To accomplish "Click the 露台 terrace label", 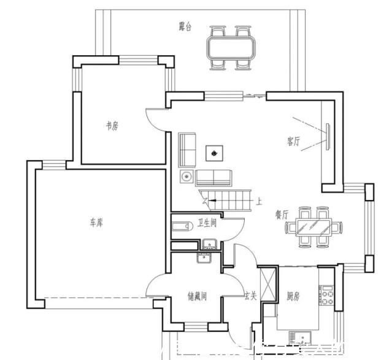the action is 185,26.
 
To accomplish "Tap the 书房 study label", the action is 112,126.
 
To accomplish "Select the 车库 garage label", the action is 96,222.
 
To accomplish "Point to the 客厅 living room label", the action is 293,141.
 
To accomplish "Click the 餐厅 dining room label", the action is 282,215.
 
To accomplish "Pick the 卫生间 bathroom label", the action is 207,223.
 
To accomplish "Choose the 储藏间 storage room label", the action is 198,296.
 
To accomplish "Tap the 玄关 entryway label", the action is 250,296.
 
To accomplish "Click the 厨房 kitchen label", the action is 293,296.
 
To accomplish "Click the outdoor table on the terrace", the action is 231,47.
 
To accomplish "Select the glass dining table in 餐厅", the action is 313,227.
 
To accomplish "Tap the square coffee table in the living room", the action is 214,153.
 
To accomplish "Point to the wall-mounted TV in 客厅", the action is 328,137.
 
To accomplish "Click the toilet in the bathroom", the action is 182,226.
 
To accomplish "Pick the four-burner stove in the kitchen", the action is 327,295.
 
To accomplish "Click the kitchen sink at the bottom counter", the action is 300,337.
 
